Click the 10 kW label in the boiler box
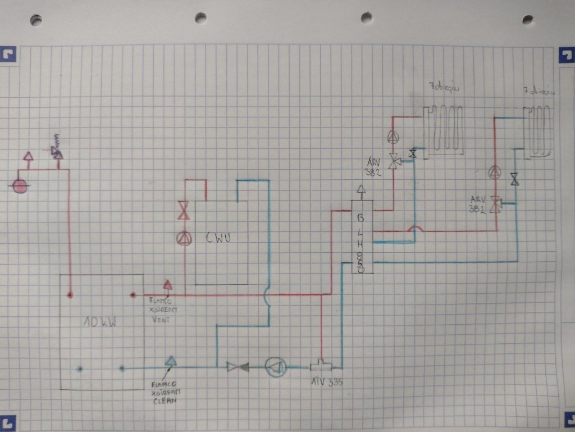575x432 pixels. (100, 322)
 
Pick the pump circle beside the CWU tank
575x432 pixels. (184, 238)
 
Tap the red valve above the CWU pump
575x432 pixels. (183, 211)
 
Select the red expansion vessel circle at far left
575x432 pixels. (20, 186)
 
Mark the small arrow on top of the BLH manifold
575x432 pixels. (362, 191)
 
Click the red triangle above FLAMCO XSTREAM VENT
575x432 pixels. (167, 285)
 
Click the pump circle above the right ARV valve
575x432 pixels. (495, 172)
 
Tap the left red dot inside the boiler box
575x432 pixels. (70, 294)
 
